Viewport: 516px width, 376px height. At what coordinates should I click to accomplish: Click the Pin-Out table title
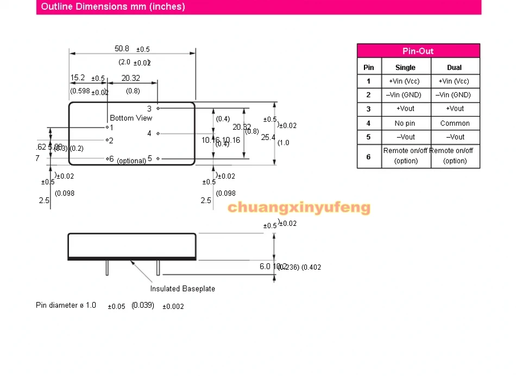pyautogui.click(x=418, y=51)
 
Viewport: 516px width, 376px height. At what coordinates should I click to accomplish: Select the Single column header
pyautogui.click(x=405, y=67)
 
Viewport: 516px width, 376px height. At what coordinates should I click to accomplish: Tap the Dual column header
pyautogui.click(x=455, y=67)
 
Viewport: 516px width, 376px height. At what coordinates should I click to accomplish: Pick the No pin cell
pyautogui.click(x=405, y=123)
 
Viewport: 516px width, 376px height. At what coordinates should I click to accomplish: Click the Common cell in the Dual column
pyautogui.click(x=455, y=123)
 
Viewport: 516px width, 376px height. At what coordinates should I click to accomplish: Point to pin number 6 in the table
pyautogui.click(x=368, y=156)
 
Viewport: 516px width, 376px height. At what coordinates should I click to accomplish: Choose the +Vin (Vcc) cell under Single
pyautogui.click(x=405, y=81)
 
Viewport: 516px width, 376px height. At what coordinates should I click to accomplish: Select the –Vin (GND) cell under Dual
pyautogui.click(x=455, y=95)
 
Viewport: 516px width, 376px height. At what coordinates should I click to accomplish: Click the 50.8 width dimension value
pyautogui.click(x=122, y=49)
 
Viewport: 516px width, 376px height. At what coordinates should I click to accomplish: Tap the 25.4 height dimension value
pyautogui.click(x=268, y=137)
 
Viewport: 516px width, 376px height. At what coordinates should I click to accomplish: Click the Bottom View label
pyautogui.click(x=131, y=118)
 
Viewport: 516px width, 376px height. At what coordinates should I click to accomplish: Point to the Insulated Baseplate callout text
pyautogui.click(x=183, y=289)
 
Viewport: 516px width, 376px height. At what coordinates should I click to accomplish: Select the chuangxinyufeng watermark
pyautogui.click(x=299, y=207)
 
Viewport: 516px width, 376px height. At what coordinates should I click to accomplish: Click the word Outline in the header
pyautogui.click(x=56, y=7)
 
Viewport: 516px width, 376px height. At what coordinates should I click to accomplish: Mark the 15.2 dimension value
pyautogui.click(x=78, y=78)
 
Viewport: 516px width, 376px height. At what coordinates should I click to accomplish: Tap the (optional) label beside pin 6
pyautogui.click(x=131, y=161)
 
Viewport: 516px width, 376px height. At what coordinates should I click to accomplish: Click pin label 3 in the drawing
pyautogui.click(x=149, y=109)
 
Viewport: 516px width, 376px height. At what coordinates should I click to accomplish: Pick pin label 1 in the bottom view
pyautogui.click(x=111, y=128)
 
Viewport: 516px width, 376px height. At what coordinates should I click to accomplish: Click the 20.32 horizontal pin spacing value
pyautogui.click(x=130, y=78)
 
